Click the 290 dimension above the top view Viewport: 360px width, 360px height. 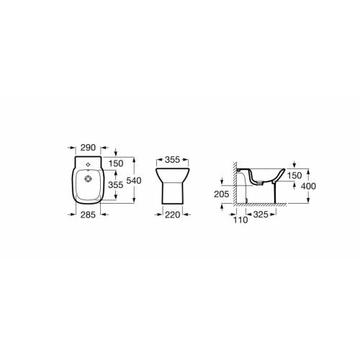pos(88,148)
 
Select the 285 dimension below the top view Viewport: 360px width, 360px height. pos(88,215)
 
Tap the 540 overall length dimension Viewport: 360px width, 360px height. pos(134,181)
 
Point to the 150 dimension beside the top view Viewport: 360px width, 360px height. pos(116,163)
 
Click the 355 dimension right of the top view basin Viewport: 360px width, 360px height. pos(116,185)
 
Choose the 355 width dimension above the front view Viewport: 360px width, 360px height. pos(173,160)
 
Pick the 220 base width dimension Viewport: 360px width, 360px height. pos(173,215)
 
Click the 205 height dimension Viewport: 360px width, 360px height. pos(222,194)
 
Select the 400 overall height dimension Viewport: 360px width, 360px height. pos(308,186)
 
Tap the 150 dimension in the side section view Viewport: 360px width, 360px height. pos(294,176)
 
